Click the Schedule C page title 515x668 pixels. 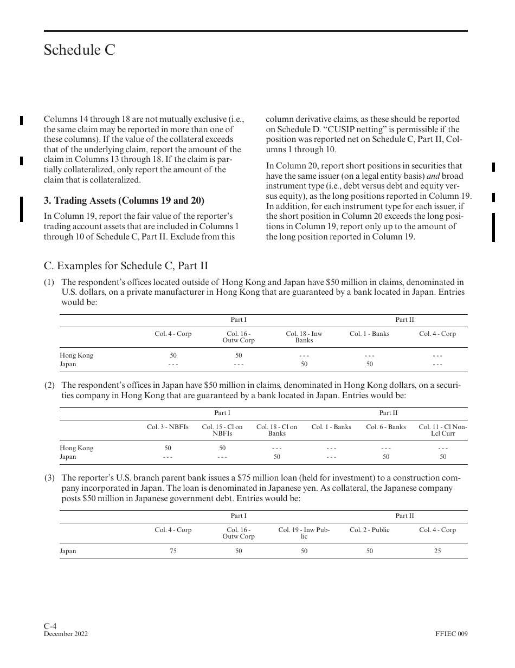80,50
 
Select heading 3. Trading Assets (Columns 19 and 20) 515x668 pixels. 124,201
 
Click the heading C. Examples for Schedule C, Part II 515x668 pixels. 126,266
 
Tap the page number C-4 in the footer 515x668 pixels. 50,626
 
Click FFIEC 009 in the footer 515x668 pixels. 451,634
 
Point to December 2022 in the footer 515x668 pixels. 66,634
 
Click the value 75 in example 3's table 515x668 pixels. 173,551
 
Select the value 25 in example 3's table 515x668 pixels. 437,551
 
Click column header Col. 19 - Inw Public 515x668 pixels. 304,533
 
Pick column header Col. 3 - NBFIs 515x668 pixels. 168,427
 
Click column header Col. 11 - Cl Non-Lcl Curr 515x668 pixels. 443,430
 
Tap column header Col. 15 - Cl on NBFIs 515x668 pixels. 222,430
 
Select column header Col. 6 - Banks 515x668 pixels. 385,427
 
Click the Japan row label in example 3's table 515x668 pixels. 68,551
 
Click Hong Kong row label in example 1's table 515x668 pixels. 76,355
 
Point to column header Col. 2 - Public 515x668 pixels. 369,530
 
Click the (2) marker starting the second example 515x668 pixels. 49,385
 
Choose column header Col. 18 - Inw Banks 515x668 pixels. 304,337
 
